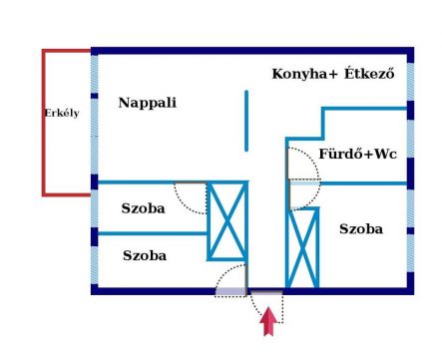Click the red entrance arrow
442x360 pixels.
(x=266, y=323)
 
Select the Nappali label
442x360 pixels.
(x=147, y=102)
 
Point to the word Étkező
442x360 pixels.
(x=372, y=74)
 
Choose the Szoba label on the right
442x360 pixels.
(x=360, y=229)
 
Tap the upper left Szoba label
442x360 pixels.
(x=144, y=208)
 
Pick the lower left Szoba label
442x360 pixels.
(x=144, y=255)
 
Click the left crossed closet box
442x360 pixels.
(x=226, y=221)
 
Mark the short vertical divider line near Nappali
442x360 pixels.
(x=245, y=121)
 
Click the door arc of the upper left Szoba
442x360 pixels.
(x=188, y=193)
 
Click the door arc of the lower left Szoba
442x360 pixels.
(x=229, y=279)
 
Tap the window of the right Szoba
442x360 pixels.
(x=409, y=239)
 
